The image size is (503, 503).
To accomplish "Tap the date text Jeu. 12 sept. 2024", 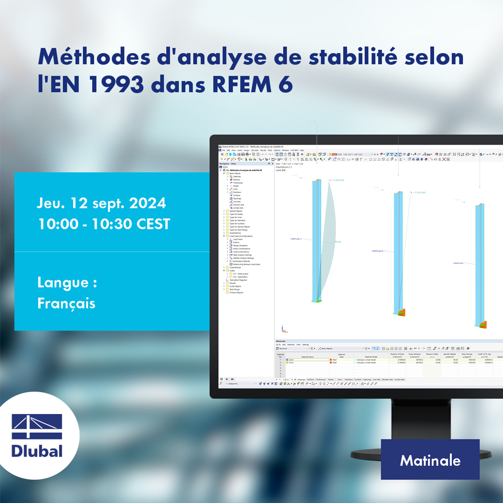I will tap(101, 203).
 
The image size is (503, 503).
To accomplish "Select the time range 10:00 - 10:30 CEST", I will tap(104, 224).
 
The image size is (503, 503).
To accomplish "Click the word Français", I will tap(66, 303).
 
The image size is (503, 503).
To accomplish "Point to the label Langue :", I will tap(67, 282).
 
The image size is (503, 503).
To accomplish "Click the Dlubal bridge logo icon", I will tap(37, 426).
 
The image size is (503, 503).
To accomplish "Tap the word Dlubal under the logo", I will tap(37, 451).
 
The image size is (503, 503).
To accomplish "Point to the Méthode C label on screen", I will tap(459, 263).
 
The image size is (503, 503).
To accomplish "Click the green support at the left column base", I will tap(316, 300).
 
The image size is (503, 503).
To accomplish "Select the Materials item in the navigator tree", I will tap(237, 177).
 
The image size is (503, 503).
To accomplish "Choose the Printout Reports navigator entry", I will tap(237, 293).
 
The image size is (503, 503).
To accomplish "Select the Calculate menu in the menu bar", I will tap(254, 150).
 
